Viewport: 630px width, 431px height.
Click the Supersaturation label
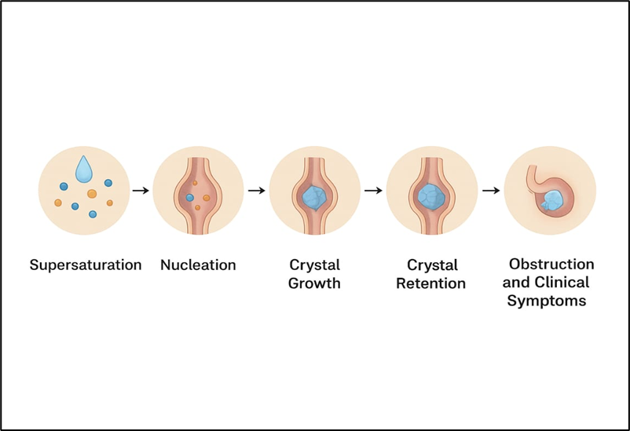tap(86, 265)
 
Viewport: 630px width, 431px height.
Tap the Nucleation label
tap(198, 265)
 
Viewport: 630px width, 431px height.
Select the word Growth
tap(314, 283)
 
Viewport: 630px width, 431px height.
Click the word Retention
tap(430, 283)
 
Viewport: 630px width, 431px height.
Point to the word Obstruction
tap(551, 264)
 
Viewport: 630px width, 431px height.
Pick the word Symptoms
tap(547, 301)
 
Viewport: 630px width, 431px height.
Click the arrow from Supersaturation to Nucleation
tap(141, 190)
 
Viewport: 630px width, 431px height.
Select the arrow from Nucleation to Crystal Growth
tap(256, 190)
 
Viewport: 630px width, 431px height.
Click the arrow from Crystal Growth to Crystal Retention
tap(372, 190)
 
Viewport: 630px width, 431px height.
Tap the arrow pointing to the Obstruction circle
tap(489, 190)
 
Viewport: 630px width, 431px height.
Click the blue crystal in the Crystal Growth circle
tap(315, 195)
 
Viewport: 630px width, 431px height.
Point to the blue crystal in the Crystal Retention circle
tap(431, 194)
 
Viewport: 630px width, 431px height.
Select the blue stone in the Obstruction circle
tap(552, 200)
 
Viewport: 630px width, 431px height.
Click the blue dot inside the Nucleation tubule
tap(190, 199)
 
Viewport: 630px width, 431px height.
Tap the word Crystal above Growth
tap(314, 265)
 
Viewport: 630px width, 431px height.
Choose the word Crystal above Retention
tap(430, 265)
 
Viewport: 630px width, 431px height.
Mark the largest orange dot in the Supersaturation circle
tap(92, 193)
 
